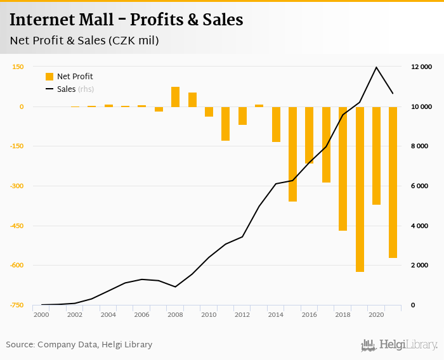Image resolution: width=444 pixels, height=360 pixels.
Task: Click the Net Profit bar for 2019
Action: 360,189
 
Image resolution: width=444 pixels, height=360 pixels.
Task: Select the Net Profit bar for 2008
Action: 176,97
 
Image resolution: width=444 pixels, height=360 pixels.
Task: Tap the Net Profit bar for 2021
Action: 393,182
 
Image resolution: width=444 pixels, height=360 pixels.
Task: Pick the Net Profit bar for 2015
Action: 293,154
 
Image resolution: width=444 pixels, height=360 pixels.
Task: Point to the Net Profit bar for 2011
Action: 226,124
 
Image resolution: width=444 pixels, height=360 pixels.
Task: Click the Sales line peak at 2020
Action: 377,67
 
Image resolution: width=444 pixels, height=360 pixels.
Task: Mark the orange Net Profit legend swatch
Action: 49,77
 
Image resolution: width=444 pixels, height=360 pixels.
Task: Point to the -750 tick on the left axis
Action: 16,305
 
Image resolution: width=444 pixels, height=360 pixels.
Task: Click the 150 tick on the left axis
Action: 18,67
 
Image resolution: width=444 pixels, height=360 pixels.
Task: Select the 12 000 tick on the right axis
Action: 422,67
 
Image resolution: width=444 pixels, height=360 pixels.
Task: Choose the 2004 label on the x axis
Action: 108,315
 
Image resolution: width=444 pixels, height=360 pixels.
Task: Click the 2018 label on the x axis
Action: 343,315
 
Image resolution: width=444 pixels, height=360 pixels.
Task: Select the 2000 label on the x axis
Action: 41,315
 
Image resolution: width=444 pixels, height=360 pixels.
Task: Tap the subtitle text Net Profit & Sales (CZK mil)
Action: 84,41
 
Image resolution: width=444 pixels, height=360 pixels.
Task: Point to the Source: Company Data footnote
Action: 79,345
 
